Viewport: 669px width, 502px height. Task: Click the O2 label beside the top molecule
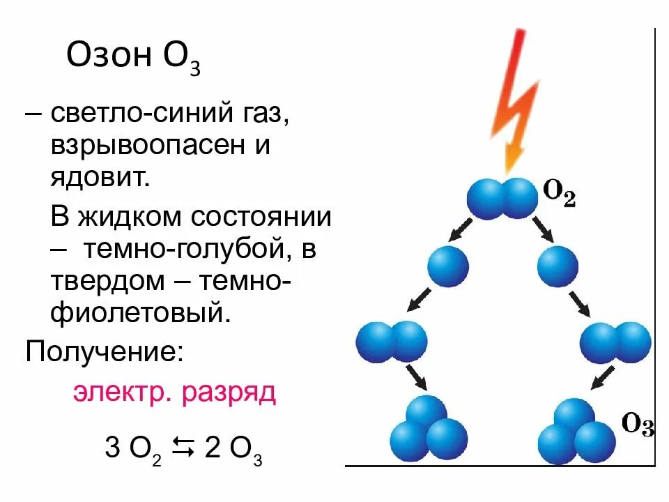pyautogui.click(x=560, y=195)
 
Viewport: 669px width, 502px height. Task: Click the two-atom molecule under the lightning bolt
pyautogui.click(x=502, y=198)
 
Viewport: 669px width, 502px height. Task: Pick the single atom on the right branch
pyautogui.click(x=557, y=266)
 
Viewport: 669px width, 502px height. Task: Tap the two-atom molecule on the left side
pyautogui.click(x=391, y=342)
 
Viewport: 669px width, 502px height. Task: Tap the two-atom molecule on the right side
pyautogui.click(x=616, y=342)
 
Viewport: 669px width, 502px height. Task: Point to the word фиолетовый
pyautogui.click(x=139, y=312)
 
